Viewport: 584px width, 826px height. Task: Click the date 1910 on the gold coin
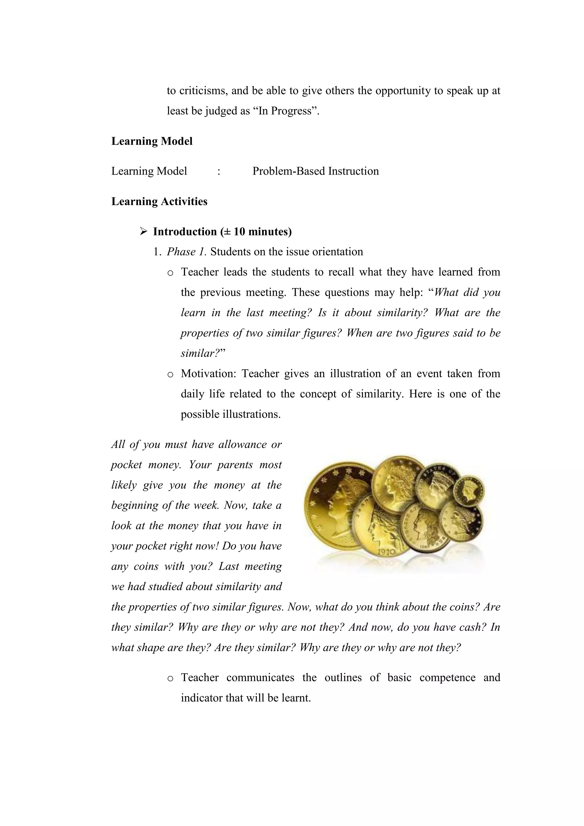(x=387, y=551)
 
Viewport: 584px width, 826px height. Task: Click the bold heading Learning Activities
(x=159, y=201)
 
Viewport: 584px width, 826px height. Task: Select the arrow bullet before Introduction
(x=143, y=231)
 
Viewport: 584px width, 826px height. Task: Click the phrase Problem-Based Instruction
(x=315, y=171)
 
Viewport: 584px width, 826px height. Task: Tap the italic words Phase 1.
(x=186, y=252)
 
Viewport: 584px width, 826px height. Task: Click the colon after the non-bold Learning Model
(x=219, y=171)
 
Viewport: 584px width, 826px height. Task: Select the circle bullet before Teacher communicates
(x=171, y=678)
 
